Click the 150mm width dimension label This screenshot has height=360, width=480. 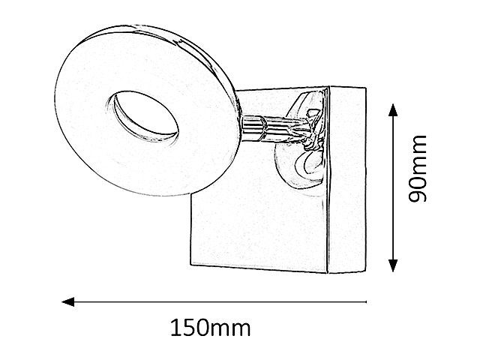tap(211, 328)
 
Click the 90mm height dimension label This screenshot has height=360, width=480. tap(417, 168)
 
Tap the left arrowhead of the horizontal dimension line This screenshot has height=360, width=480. tap(68, 301)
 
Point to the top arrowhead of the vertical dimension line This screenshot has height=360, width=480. tap(393, 110)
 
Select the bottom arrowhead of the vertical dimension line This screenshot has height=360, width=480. tap(393, 265)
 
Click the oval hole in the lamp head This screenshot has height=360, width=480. tap(142, 116)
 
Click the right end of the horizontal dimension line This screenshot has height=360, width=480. tap(366, 302)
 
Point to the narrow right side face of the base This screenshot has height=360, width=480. tap(346, 179)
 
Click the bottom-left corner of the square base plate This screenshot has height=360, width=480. tap(190, 265)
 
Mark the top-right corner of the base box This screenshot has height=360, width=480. tap(366, 88)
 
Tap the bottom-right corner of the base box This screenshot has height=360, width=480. tap(366, 271)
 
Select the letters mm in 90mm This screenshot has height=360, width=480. tap(417, 154)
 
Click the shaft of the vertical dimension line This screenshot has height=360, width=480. tap(393, 187)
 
